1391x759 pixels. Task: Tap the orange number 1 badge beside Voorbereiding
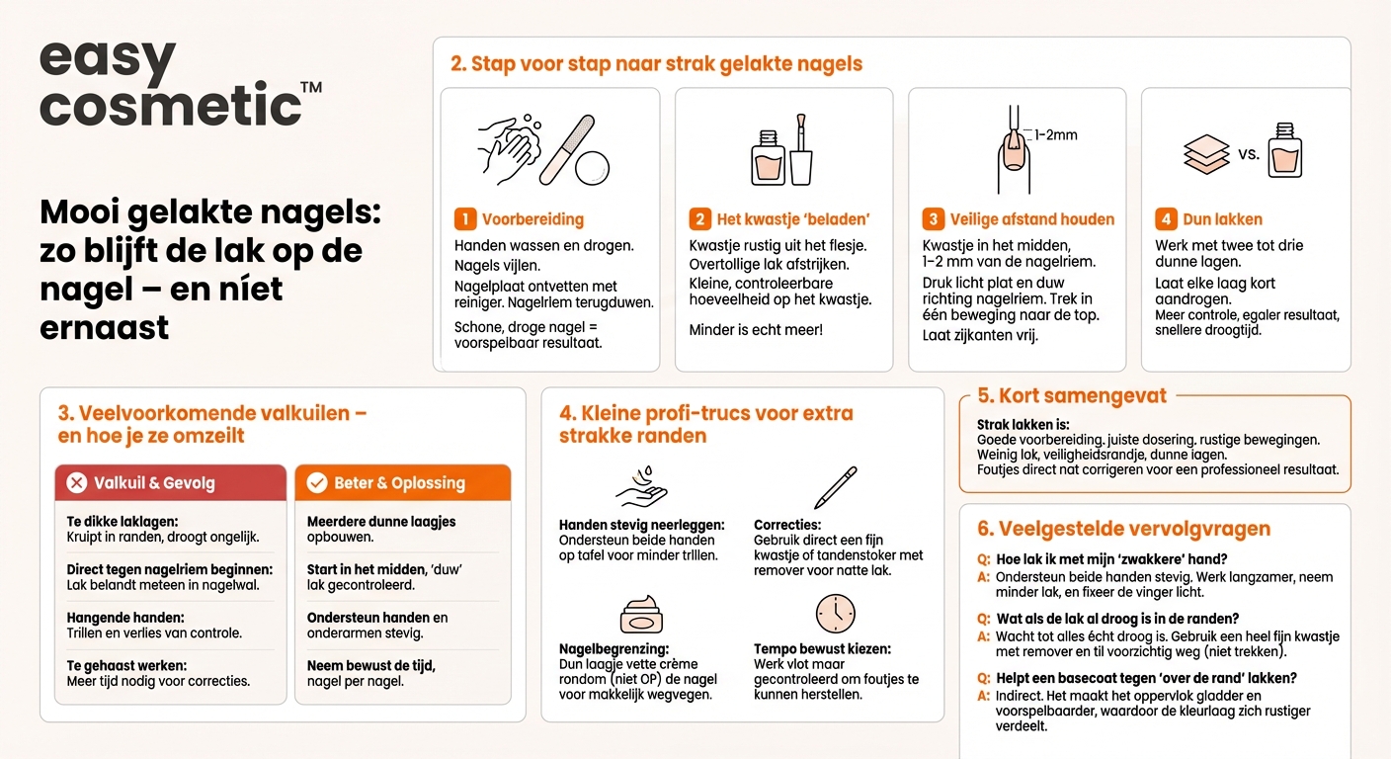465,219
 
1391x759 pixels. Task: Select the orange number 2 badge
699,219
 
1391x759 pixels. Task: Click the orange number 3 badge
933,219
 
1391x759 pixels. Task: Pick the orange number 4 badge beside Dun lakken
1166,219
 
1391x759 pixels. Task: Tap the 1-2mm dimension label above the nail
1055,134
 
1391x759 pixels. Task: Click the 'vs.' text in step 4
1249,154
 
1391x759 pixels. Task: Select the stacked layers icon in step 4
1206,155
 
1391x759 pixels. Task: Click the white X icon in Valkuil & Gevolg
76,483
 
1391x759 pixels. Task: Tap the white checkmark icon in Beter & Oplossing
317,483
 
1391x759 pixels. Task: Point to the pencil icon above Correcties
835,487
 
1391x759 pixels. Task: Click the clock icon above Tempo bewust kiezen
835,614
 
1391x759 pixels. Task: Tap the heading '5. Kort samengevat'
1072,396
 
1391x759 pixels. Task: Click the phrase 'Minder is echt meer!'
756,330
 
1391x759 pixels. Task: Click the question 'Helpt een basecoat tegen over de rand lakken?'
1146,678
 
